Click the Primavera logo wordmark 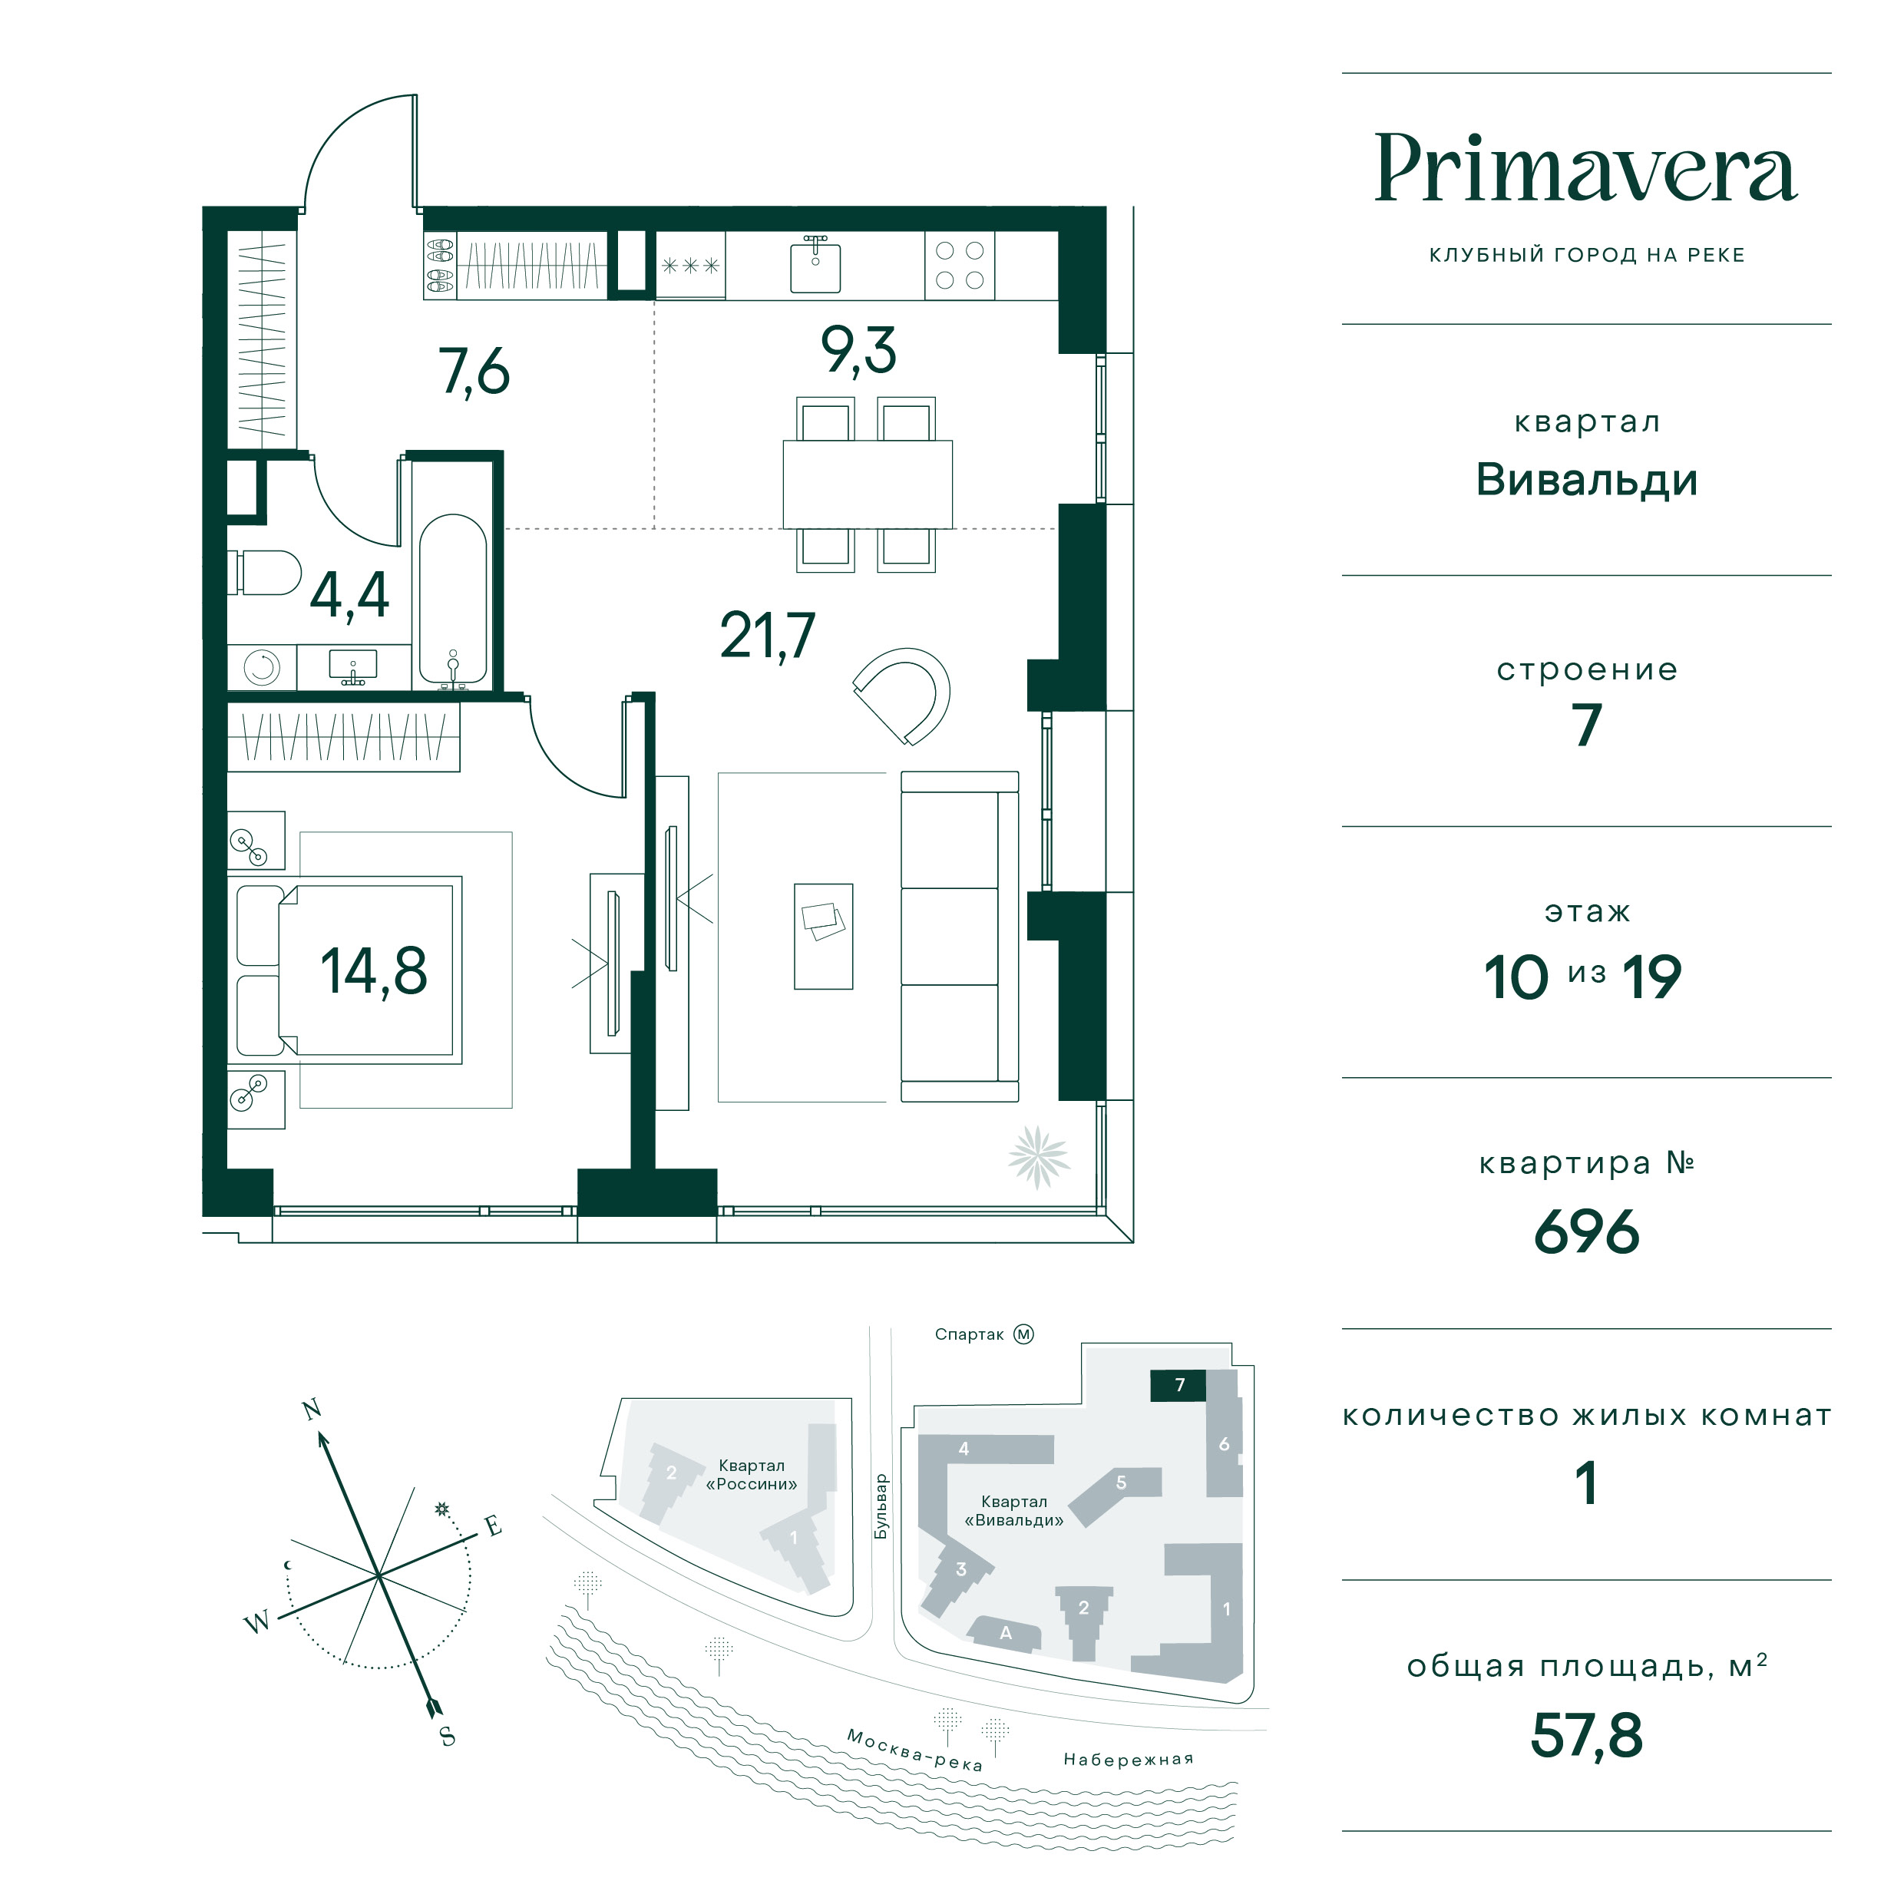pos(1585,169)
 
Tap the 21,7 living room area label pos(768,636)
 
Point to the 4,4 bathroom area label pos(350,594)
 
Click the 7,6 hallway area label pos(474,372)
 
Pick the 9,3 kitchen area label pos(858,351)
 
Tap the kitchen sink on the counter pos(815,266)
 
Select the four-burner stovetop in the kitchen pos(959,265)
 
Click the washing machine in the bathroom pos(262,667)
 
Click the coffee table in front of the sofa pos(824,935)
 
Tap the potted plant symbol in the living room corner pos(1039,1156)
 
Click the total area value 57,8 pos(1585,1735)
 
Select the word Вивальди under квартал pos(1585,480)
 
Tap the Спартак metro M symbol pos(1024,1334)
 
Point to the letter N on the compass pos(312,1410)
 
